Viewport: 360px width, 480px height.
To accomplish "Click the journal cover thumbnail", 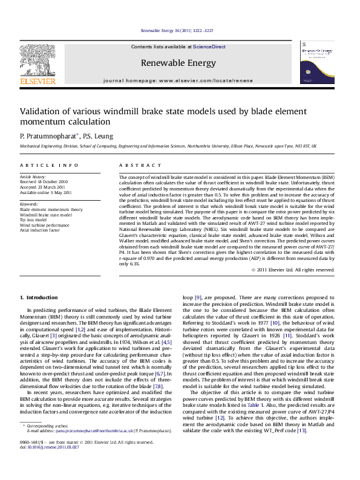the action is (x=318, y=60).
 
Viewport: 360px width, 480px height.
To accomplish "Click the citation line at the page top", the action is (x=179, y=30).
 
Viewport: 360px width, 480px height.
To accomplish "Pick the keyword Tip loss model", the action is (x=33, y=219).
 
